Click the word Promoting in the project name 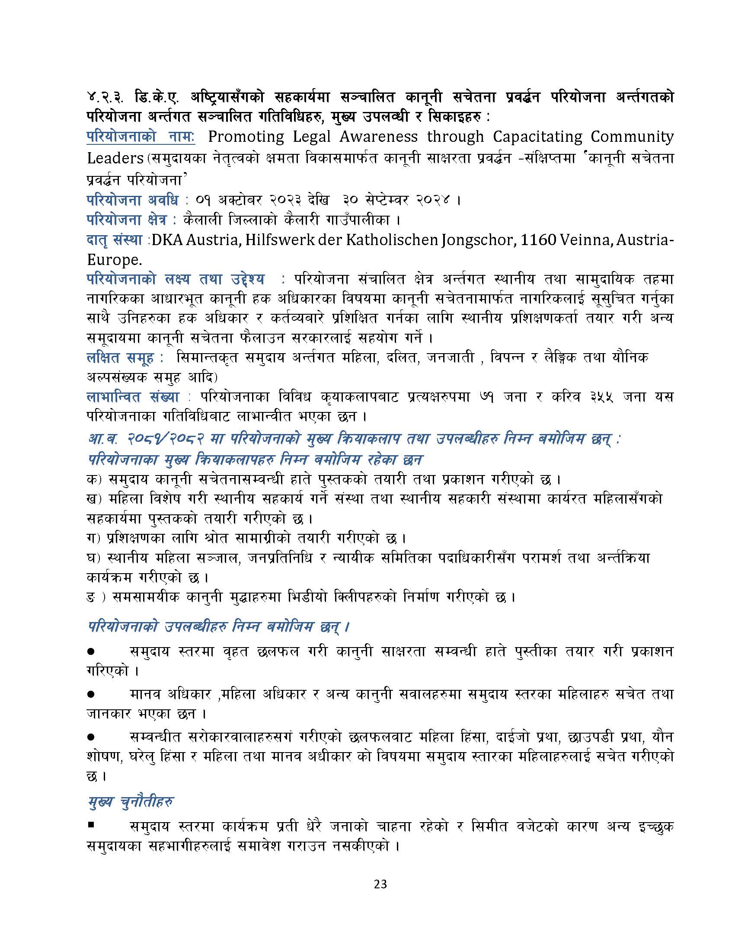[x=246, y=137]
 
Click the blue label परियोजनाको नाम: [x=141, y=137]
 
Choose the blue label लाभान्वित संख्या [x=133, y=397]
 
